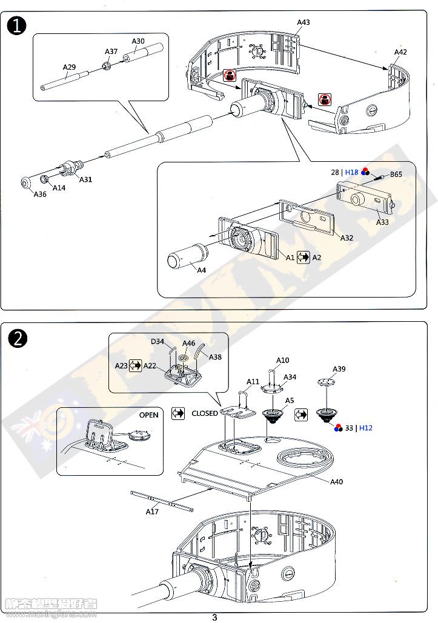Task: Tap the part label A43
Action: (304, 22)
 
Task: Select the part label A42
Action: (400, 52)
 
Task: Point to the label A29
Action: (69, 67)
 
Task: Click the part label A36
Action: (39, 194)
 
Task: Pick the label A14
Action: (59, 188)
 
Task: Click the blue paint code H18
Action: (352, 173)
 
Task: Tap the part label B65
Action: (396, 175)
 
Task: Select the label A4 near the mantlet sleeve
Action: (202, 270)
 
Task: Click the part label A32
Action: (347, 238)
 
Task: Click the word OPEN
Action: (148, 415)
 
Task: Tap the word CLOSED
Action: (205, 413)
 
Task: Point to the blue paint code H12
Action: (366, 428)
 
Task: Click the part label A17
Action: (152, 511)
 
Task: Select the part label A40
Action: (337, 482)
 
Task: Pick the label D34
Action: (158, 342)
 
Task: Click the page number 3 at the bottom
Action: (214, 618)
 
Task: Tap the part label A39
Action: (339, 369)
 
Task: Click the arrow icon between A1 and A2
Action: (303, 258)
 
